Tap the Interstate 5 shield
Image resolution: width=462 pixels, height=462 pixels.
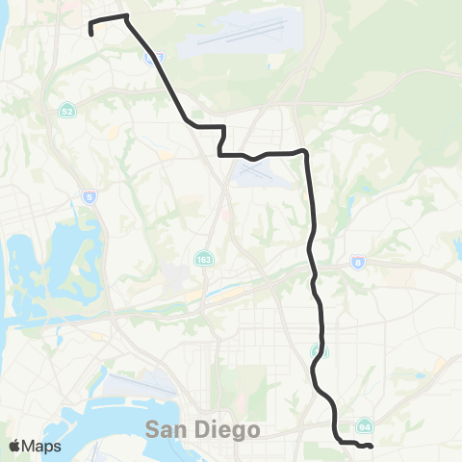(90, 197)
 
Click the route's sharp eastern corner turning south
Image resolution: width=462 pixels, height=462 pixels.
(305, 151)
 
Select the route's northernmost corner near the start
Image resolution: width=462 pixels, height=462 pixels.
(126, 16)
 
